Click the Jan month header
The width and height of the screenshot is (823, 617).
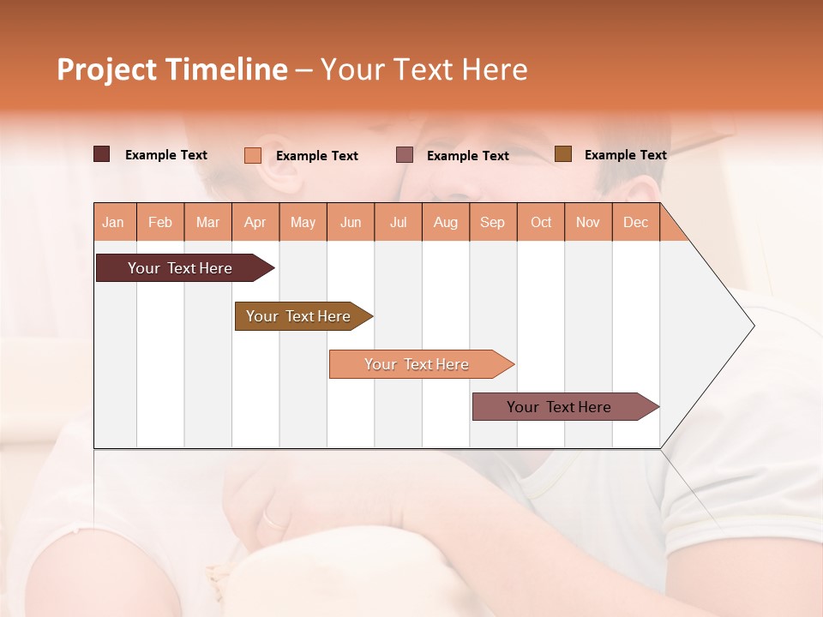point(114,222)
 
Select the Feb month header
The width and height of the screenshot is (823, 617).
point(160,222)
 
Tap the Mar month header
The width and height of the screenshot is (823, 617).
point(207,222)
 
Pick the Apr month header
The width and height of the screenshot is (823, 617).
point(255,222)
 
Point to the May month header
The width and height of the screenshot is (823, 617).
point(303,222)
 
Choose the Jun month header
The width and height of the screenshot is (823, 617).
point(351,222)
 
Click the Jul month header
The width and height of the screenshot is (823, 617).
point(398,222)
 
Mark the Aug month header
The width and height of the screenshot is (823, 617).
point(446,222)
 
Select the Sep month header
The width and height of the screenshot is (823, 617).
point(493,222)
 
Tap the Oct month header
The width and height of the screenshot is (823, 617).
point(541,222)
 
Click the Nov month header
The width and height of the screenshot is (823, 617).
point(588,222)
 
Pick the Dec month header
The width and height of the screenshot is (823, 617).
point(636,222)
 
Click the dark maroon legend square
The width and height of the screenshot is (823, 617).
point(102,154)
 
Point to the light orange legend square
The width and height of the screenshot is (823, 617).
point(253,155)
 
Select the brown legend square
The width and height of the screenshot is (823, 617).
point(563,154)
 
